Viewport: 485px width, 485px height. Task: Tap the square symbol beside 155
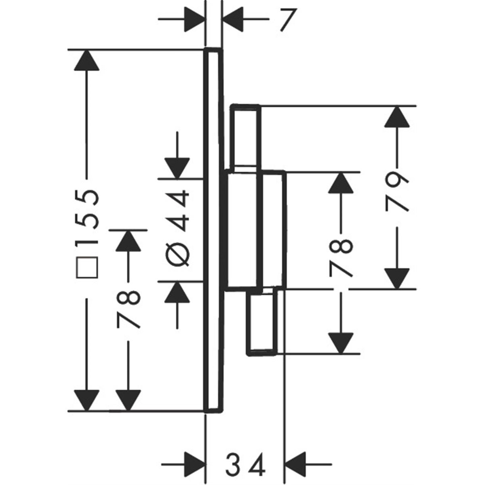[x=87, y=267]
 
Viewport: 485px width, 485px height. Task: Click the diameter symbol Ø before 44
[x=177, y=255]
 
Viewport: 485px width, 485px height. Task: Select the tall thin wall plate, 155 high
[x=213, y=230]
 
